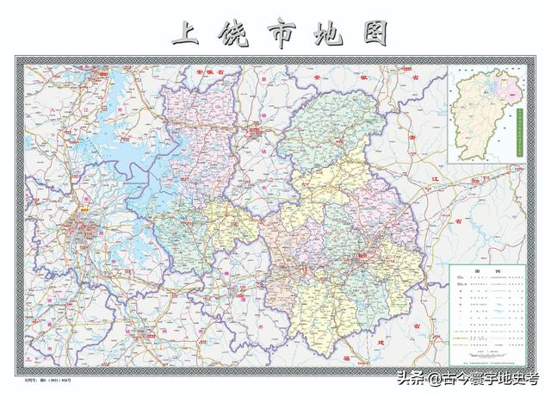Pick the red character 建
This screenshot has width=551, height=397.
click(x=382, y=342)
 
